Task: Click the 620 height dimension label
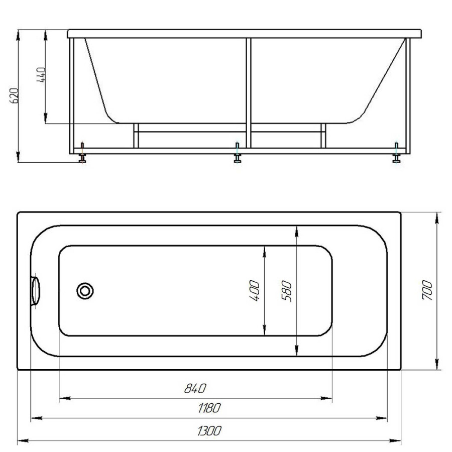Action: click(15, 95)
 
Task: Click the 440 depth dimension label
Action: click(41, 75)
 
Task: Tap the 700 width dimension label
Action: click(427, 290)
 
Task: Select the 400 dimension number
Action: click(254, 291)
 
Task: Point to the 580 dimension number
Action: click(287, 291)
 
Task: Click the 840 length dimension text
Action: click(195, 389)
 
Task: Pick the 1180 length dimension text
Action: click(209, 408)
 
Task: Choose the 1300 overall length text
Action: click(209, 431)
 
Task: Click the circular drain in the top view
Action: click(85, 291)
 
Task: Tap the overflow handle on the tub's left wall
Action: click(36, 291)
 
